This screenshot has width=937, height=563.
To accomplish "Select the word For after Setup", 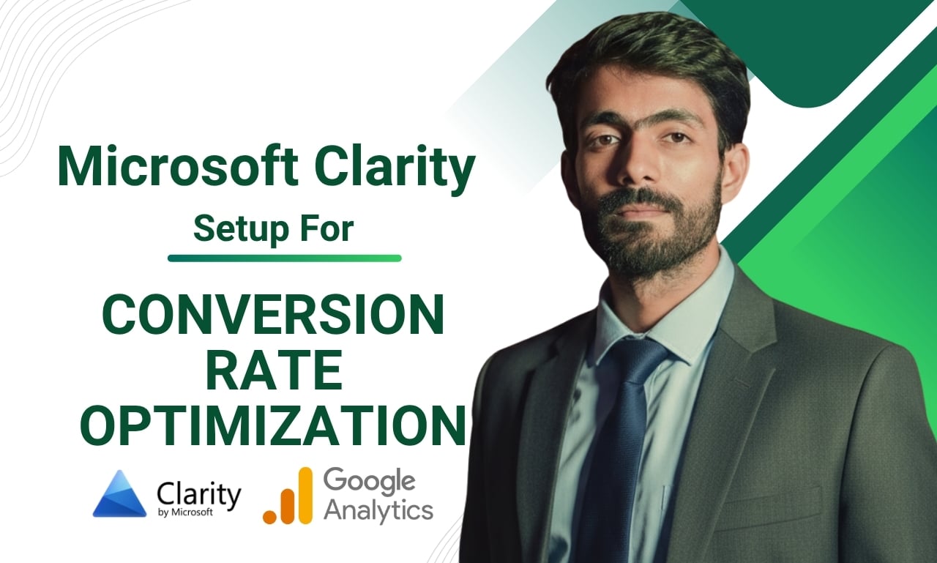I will click(327, 228).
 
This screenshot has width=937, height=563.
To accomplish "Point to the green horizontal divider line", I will click(284, 258).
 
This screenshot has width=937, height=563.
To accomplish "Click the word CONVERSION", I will click(273, 316).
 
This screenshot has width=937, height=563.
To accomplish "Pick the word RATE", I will click(273, 370).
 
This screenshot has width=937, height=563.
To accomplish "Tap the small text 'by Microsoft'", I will click(185, 512).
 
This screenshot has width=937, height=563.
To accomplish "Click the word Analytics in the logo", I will click(378, 510).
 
